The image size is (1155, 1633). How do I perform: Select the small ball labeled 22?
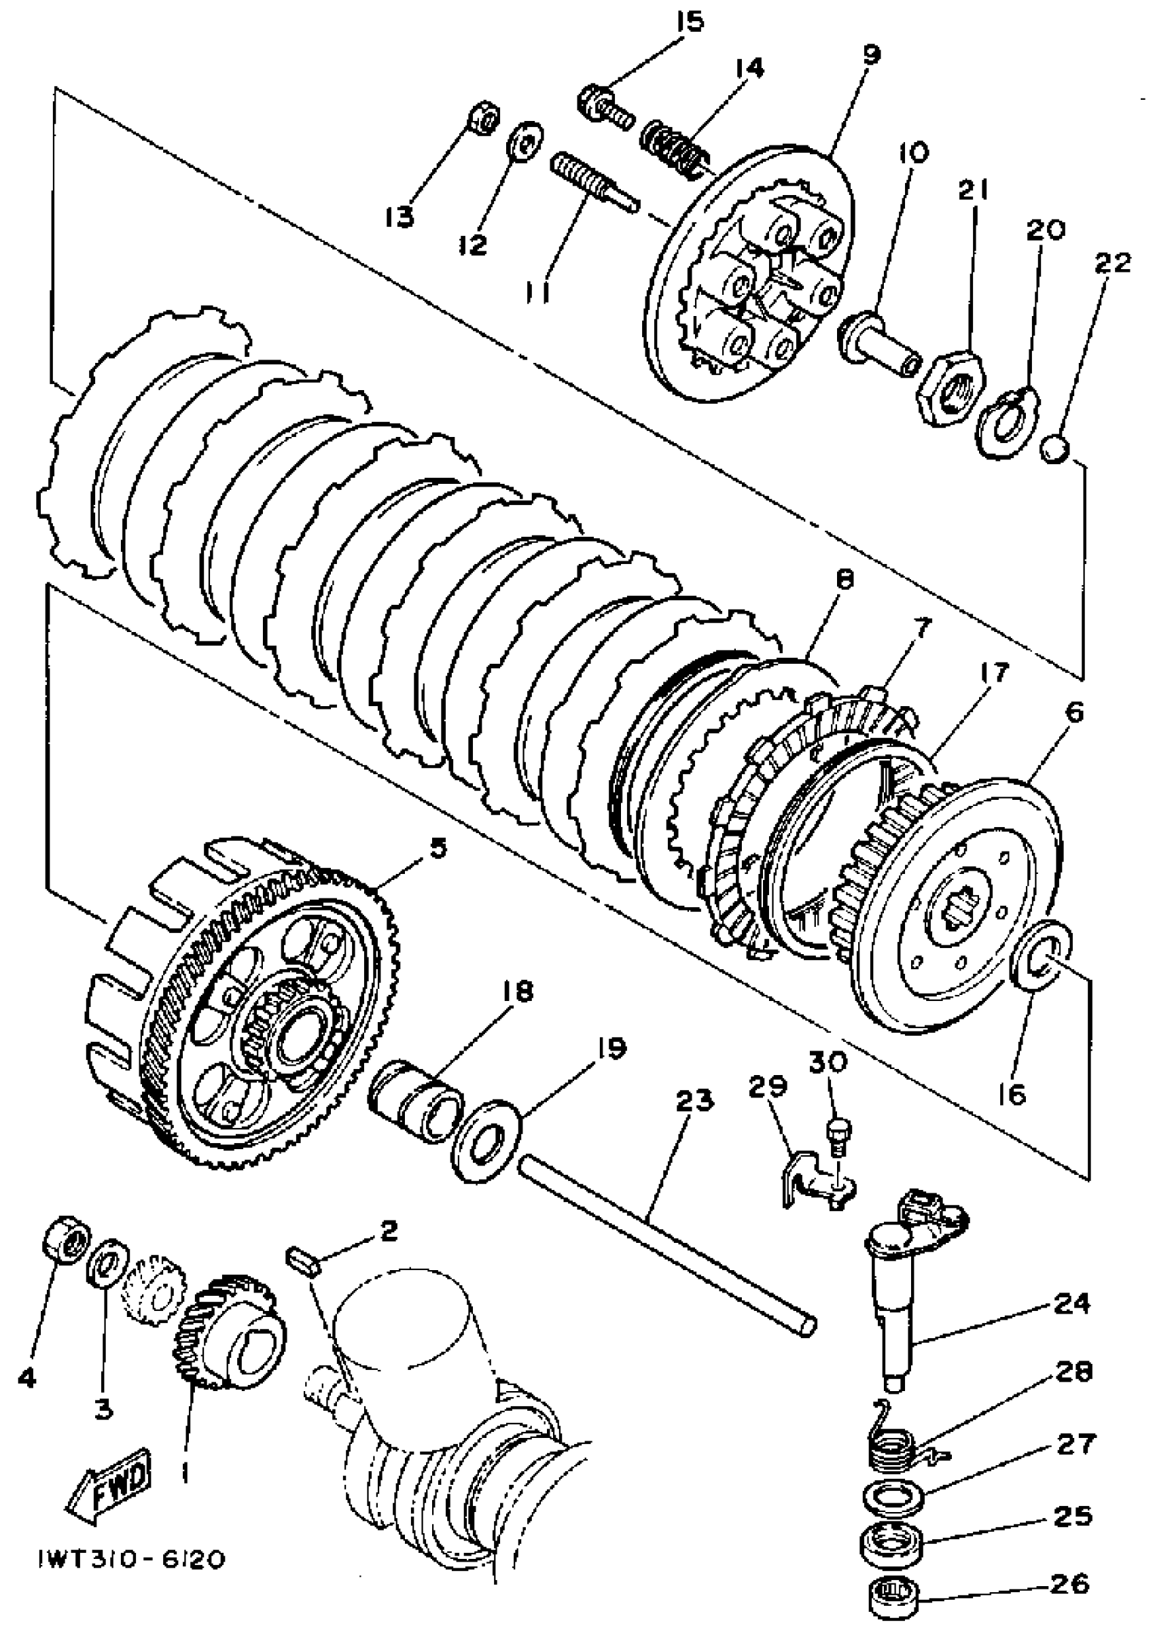(x=1054, y=449)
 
